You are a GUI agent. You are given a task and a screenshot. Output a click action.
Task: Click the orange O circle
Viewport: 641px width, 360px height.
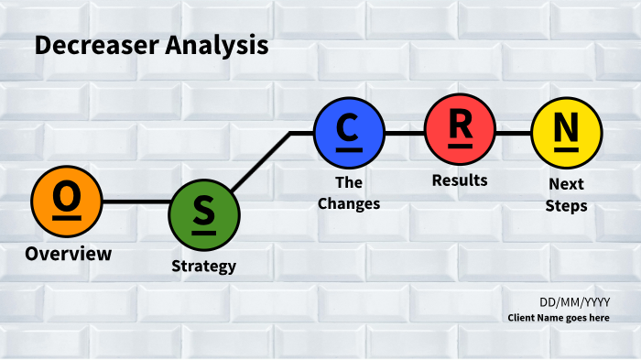67,202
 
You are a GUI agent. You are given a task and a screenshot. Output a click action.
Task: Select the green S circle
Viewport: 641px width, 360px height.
204,215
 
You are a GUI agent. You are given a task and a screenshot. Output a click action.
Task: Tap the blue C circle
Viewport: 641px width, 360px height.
349,133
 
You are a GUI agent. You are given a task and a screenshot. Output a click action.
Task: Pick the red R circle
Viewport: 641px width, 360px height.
461,129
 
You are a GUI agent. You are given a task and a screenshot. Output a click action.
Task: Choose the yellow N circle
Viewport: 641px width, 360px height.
567,133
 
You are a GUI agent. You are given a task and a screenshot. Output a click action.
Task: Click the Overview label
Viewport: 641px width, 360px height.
69,254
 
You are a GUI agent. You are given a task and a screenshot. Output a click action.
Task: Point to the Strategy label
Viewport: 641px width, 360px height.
204,267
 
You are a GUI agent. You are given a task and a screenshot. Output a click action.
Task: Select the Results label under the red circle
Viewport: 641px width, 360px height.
460,180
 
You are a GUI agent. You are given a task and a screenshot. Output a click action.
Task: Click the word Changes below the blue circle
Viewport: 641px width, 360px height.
349,203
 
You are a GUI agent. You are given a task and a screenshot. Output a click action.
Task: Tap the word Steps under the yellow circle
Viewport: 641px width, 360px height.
566,206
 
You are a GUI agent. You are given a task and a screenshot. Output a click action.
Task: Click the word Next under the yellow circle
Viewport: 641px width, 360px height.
566,184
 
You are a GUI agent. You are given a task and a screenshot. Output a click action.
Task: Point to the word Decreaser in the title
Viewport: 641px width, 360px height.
97,45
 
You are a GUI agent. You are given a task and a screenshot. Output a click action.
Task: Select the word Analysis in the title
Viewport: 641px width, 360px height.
217,46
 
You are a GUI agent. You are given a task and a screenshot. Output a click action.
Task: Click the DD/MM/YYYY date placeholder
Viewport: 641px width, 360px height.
575,302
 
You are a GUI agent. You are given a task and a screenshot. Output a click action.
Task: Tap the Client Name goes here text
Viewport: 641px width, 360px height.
559,318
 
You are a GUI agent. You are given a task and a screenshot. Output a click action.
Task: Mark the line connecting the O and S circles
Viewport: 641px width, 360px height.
136,202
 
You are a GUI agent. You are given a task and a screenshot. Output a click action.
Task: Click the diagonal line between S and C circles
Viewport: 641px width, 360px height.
261,161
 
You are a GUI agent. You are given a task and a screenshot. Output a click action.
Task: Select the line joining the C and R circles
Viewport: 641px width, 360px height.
405,133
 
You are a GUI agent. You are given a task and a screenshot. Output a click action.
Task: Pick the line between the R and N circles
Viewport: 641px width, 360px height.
514,133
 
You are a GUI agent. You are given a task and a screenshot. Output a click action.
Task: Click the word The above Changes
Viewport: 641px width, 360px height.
349,182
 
